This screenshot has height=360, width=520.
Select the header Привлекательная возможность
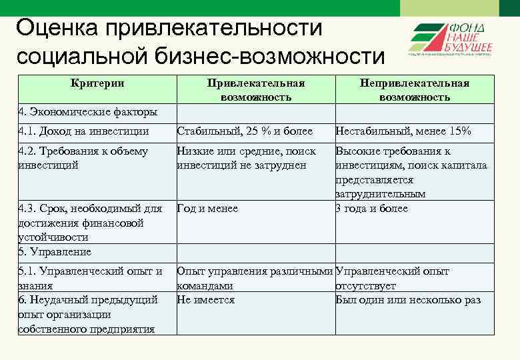(x=256, y=89)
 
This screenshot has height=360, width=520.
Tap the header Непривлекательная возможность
(x=415, y=89)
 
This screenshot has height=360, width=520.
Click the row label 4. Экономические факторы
(x=88, y=111)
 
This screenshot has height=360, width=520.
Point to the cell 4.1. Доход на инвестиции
(x=84, y=131)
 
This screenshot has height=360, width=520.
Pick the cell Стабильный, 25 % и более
(x=245, y=131)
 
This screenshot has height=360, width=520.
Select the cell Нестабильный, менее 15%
(x=403, y=131)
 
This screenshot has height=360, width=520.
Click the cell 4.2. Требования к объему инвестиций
(x=83, y=158)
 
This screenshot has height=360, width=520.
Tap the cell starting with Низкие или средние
(x=246, y=158)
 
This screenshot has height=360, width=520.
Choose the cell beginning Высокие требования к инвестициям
(x=411, y=172)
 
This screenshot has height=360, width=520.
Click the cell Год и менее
(x=207, y=209)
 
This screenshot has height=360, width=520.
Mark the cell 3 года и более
(x=372, y=209)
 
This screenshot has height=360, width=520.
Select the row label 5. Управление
(x=55, y=252)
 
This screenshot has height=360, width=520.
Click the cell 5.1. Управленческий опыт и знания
(x=90, y=278)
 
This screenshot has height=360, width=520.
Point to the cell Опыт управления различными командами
(x=254, y=278)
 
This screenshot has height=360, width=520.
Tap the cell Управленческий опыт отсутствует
(x=392, y=278)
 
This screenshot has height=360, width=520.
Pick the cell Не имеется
(x=206, y=300)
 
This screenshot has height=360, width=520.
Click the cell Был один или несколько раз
(x=408, y=300)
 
